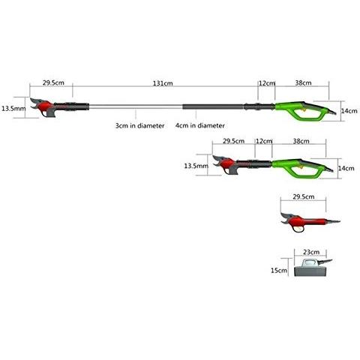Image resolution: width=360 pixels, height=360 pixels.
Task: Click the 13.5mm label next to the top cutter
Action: click(13, 108)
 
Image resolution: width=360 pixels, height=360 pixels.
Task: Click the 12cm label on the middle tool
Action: click(263, 141)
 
